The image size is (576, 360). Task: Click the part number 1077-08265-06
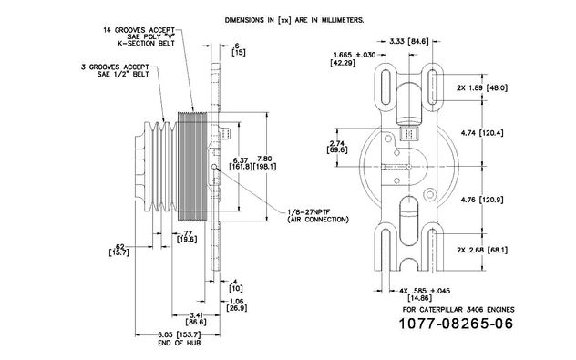(x=456, y=324)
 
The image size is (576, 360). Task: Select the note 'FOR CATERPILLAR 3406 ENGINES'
(x=458, y=310)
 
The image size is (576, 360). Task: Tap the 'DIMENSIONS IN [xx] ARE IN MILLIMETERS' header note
(x=294, y=20)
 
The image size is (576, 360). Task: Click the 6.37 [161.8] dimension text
(x=241, y=163)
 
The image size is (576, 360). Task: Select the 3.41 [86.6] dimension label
(x=196, y=318)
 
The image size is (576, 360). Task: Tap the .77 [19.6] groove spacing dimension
(x=187, y=236)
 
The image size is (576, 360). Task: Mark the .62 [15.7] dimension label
(x=119, y=250)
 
